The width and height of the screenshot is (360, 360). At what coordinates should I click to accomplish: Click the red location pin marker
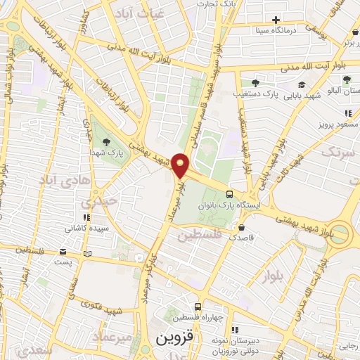(x=181, y=165)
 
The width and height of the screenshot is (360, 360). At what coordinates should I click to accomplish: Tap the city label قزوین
(x=172, y=338)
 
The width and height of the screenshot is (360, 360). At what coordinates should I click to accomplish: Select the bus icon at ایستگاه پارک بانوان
(x=230, y=194)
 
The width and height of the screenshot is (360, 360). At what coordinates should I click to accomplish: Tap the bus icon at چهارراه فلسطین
(x=198, y=307)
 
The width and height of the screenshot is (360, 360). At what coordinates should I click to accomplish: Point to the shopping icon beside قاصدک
(x=242, y=227)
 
